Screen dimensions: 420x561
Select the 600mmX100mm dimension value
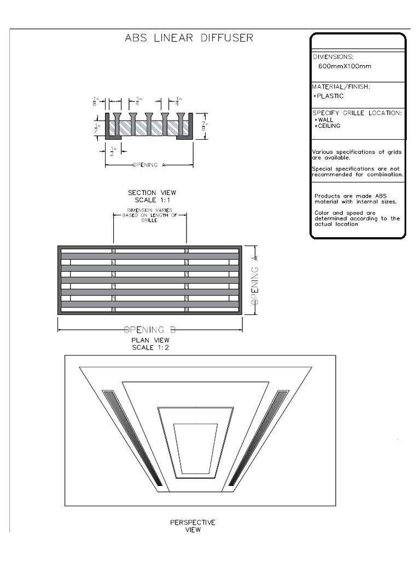click(x=345, y=66)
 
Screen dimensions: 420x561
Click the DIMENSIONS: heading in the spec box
click(x=333, y=56)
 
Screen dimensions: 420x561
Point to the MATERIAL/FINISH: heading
click(x=341, y=87)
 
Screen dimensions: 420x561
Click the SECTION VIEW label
click(x=149, y=192)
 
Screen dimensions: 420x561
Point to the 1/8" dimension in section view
click(x=96, y=101)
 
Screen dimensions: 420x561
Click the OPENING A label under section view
click(x=149, y=164)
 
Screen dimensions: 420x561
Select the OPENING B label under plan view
click(x=150, y=330)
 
